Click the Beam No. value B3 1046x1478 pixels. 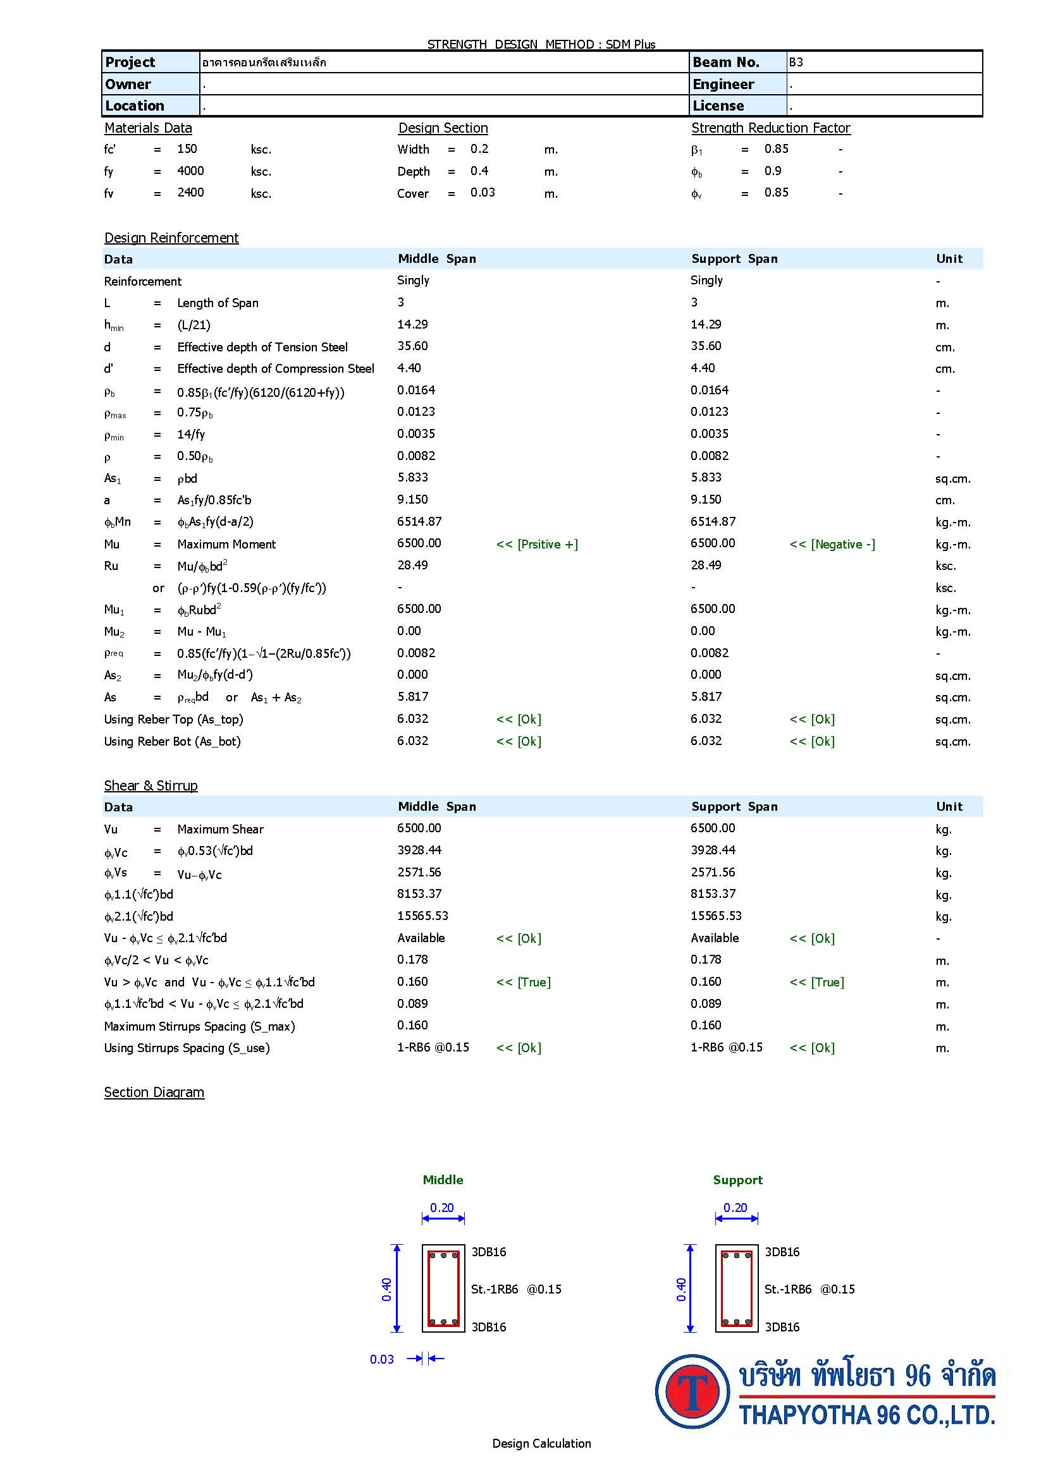[x=796, y=63]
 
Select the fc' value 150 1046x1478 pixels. [x=187, y=148]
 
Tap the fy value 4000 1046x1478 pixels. [x=190, y=171]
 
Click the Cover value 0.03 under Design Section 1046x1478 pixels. [x=483, y=193]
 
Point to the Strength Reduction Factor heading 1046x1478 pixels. [x=770, y=128]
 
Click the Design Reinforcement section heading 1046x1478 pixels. [x=171, y=238]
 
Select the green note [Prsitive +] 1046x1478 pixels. [x=536, y=545]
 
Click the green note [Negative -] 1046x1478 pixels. [x=832, y=545]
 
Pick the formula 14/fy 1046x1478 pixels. [x=190, y=435]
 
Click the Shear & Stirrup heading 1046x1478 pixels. [x=151, y=786]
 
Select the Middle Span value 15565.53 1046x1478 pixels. [x=422, y=916]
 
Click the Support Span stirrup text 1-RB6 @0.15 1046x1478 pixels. [x=726, y=1047]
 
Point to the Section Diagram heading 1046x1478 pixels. [x=154, y=1093]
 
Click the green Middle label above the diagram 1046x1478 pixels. [x=443, y=1180]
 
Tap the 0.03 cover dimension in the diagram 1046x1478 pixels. [x=382, y=1360]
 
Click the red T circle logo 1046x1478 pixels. [x=692, y=1391]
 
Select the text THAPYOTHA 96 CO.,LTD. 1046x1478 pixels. [x=867, y=1415]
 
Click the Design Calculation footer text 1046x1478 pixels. [x=541, y=1444]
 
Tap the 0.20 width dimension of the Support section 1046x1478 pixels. [x=735, y=1208]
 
